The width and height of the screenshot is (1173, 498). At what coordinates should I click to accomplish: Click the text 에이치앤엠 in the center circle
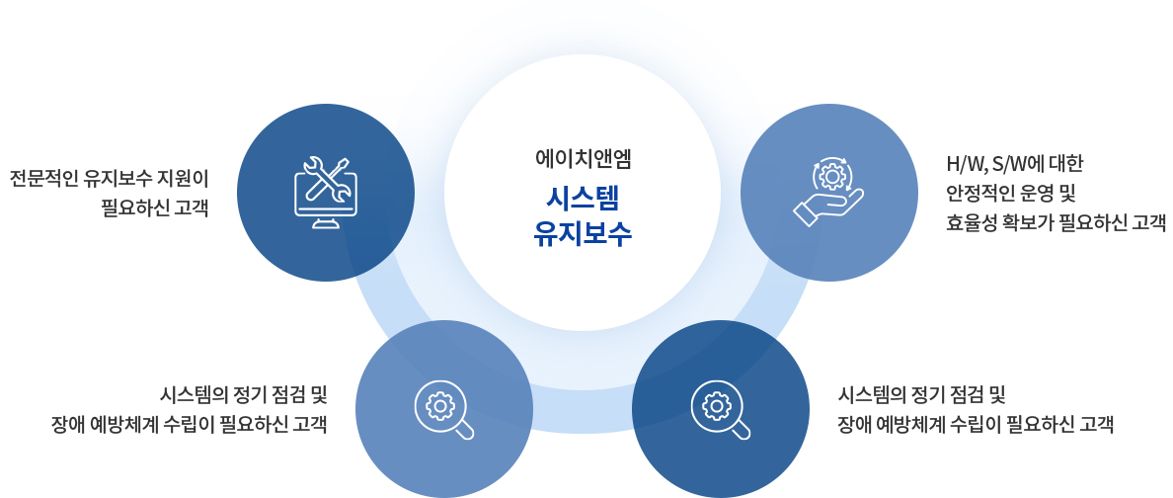583,159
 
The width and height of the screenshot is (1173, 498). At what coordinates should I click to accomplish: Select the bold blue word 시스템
583,200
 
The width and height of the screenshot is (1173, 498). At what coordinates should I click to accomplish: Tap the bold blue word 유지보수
583,234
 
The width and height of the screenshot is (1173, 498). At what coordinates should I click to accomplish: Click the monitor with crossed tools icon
326,193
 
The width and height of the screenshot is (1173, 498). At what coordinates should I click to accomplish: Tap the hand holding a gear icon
828,191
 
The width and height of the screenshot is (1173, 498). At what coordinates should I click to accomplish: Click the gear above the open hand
829,175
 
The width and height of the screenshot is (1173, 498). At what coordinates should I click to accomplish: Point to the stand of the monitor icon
326,222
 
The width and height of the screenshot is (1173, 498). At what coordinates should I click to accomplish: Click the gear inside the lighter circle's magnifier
440,405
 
